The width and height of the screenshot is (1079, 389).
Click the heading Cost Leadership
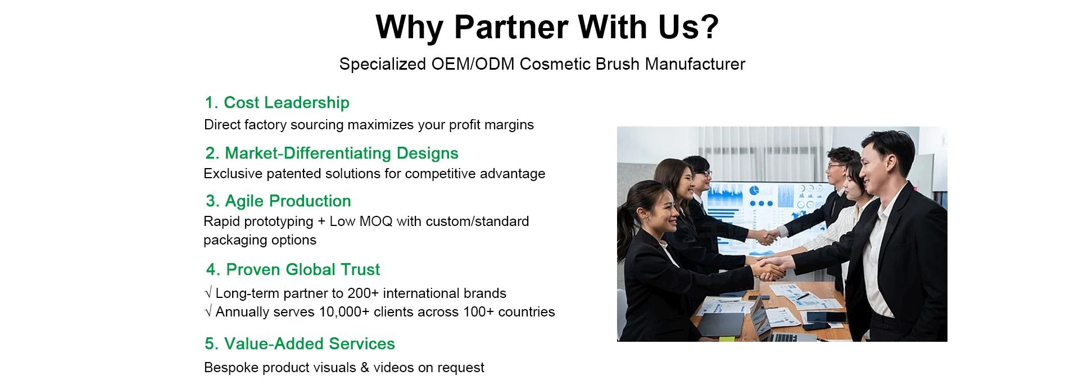pos(276,103)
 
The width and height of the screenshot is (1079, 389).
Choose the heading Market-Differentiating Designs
pos(332,153)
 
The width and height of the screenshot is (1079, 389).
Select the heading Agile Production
pos(278,201)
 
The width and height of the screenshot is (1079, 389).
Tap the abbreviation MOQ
pos(376,221)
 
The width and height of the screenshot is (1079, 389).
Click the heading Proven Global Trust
pos(293,269)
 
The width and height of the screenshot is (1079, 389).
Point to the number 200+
pos(363,293)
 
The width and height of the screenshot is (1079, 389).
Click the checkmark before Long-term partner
pos(208,293)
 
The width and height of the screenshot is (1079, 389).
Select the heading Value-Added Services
pos(300,343)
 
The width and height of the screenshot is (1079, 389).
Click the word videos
pos(394,368)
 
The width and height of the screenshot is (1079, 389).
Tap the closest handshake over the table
pos(769,268)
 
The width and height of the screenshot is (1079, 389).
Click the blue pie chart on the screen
pos(754,190)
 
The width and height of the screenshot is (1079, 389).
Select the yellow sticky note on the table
pos(726,338)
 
